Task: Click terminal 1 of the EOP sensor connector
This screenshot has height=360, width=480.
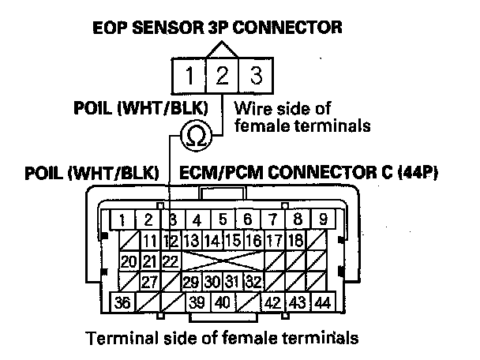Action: tap(190, 77)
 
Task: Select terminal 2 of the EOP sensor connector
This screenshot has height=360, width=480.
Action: tap(223, 77)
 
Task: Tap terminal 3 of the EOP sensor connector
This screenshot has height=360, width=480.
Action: tap(255, 77)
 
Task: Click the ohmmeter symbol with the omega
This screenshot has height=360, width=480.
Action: tap(194, 137)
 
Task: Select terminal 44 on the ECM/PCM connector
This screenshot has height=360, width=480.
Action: tap(322, 303)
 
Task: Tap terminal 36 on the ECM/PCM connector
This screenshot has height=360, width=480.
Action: tap(122, 303)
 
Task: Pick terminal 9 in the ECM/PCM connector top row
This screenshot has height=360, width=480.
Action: tap(322, 219)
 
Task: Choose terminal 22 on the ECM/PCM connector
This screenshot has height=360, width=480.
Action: tap(167, 261)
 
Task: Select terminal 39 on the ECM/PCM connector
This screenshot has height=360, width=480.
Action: tap(197, 303)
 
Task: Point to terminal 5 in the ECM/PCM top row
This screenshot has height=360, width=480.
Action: tap(223, 219)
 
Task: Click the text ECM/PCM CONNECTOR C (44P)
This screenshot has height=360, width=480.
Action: tap(309, 172)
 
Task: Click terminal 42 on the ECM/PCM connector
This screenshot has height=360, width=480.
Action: tap(274, 303)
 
